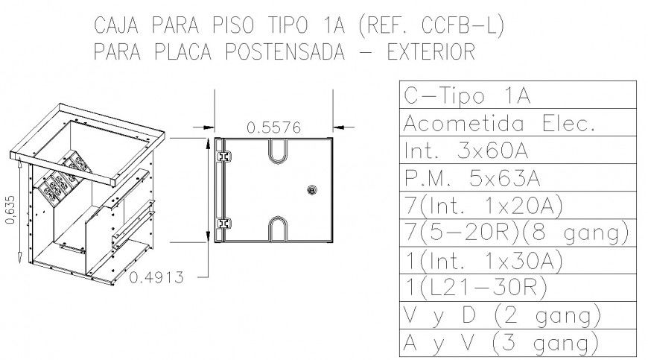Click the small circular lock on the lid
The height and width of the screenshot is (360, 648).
[x=311, y=191]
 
